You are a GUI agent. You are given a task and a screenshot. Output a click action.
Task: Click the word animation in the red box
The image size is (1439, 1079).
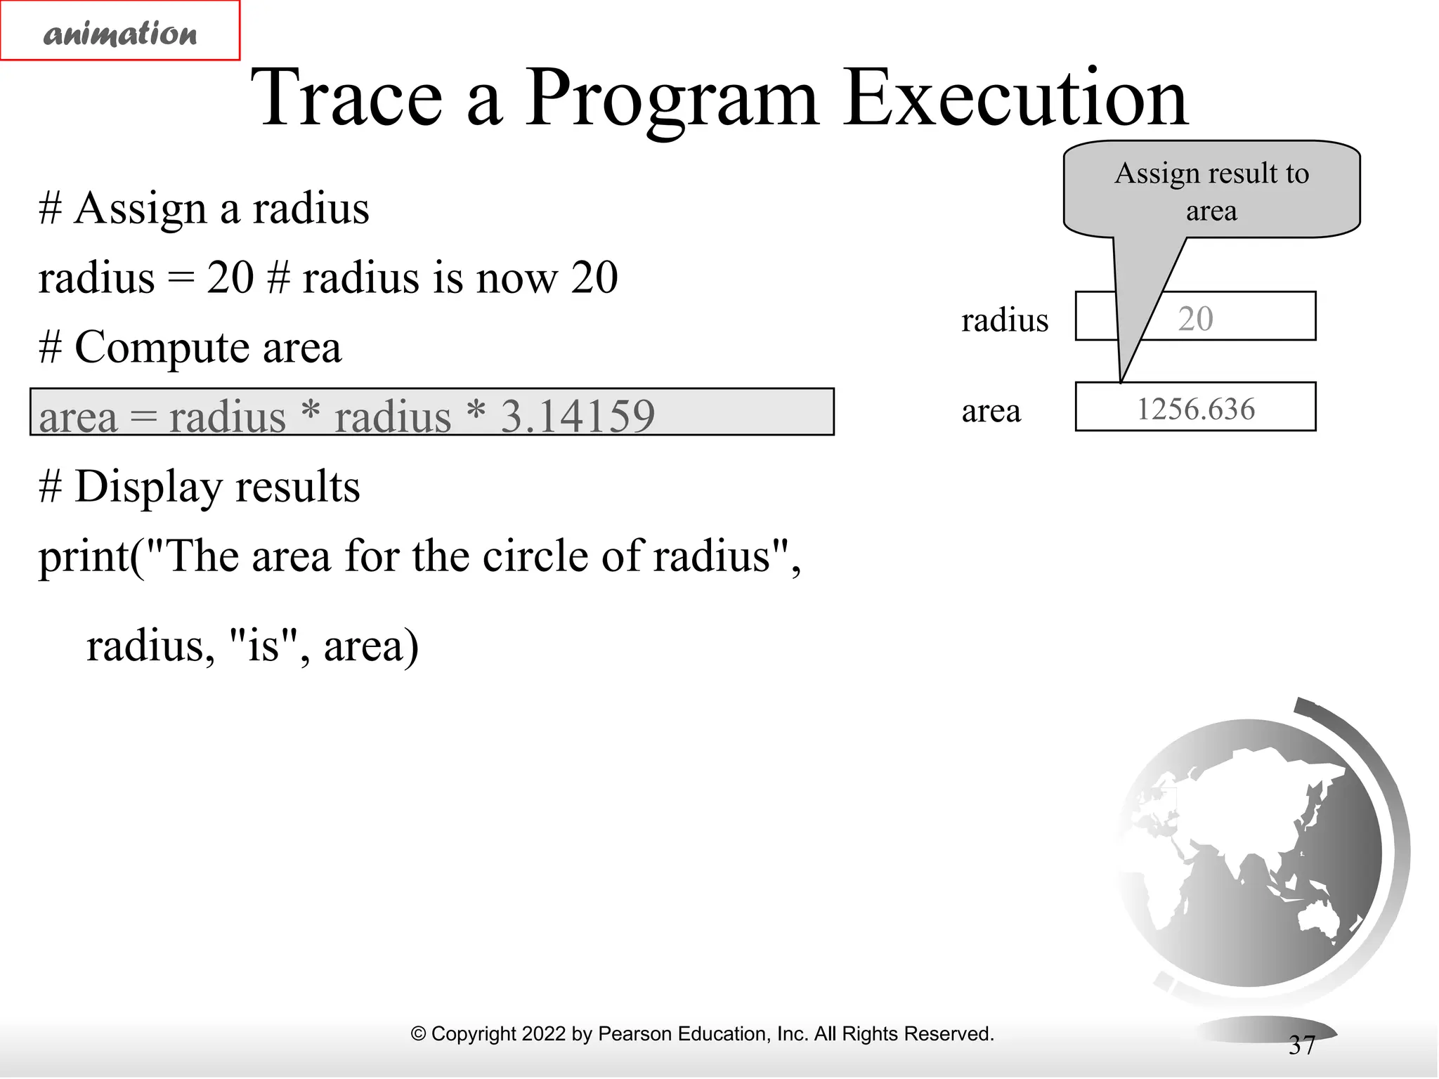point(120,33)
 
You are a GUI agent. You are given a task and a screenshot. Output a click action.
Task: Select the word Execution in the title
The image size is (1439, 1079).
point(1015,98)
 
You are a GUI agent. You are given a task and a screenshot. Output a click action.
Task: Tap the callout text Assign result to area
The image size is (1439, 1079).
point(1211,191)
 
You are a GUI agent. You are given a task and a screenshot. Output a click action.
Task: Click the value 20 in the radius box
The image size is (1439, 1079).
point(1195,319)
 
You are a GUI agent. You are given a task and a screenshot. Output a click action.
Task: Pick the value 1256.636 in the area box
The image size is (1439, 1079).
point(1195,409)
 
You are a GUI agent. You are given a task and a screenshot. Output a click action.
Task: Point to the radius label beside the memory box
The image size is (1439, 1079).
point(1004,320)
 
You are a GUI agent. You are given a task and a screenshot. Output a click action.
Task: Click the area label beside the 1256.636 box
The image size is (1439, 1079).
point(991,411)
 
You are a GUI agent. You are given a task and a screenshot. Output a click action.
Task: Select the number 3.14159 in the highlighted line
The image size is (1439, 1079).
point(577,416)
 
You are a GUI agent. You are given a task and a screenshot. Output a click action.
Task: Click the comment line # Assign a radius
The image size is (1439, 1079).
point(204,209)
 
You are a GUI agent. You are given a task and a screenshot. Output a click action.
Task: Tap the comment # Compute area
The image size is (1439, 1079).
point(190,347)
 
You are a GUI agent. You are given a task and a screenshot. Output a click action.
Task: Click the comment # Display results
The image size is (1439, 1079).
point(200,486)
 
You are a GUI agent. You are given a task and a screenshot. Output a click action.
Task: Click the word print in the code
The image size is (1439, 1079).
point(83,557)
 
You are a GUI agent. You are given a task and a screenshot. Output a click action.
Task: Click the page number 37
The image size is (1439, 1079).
point(1301,1045)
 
